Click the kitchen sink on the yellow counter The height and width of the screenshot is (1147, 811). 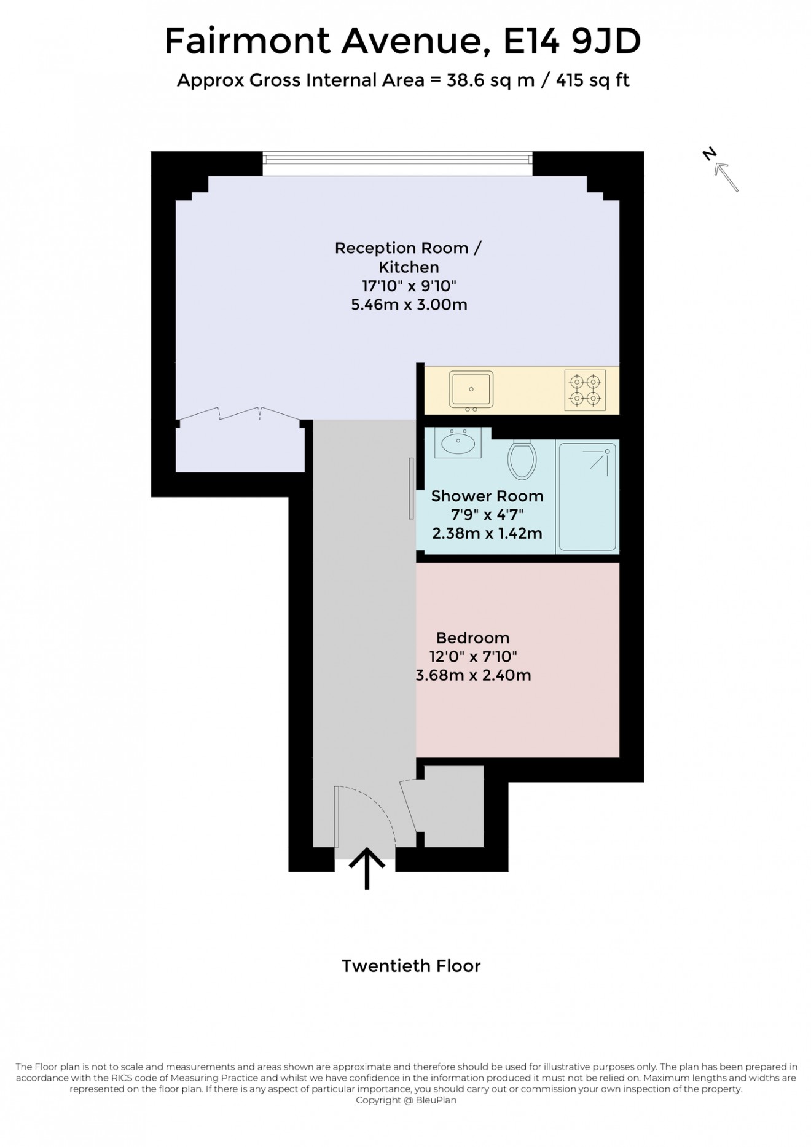coord(471,390)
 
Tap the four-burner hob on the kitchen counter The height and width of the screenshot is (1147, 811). coord(584,390)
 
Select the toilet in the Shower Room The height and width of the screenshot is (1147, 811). coord(522,460)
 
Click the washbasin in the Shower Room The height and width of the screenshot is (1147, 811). coord(457,443)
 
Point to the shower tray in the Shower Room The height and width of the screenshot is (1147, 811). coord(587,496)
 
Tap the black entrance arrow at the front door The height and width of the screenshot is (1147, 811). coord(367,867)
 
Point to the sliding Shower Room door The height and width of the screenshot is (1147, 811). coord(412,488)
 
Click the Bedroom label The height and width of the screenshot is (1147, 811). coord(472,638)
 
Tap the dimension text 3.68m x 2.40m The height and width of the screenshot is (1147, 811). coord(473,675)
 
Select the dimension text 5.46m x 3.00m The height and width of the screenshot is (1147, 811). coord(409,305)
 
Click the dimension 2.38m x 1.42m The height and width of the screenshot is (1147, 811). coord(487,533)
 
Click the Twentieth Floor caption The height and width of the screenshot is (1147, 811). coord(411,966)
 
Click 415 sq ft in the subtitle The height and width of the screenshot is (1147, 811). coord(592,80)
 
